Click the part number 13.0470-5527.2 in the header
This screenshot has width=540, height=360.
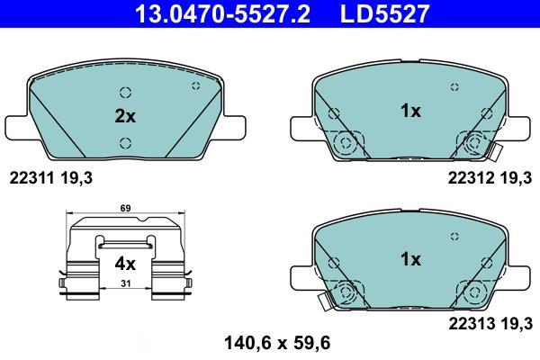pos(222,13)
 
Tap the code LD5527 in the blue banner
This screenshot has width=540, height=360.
pos(384,13)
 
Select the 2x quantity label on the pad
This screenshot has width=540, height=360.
pos(125,116)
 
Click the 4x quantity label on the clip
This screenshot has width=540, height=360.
pos(125,265)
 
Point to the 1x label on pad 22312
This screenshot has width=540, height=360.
pos(410,111)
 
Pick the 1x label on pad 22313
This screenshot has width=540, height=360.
pos(410,259)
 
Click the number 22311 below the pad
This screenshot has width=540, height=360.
pos(31,178)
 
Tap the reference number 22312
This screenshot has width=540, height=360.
pos(471,178)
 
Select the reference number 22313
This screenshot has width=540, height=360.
pos(471,323)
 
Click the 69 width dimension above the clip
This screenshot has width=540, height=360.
pos(125,208)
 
